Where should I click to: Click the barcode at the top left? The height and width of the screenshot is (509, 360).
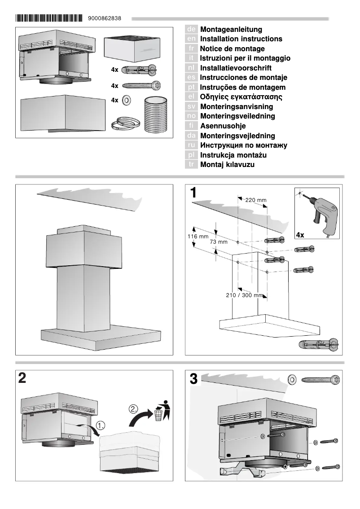pyautogui.click(x=49, y=18)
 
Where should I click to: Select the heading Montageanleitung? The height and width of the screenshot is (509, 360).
pyautogui.click(x=231, y=29)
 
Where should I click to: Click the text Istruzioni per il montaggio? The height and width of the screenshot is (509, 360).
pyautogui.click(x=245, y=58)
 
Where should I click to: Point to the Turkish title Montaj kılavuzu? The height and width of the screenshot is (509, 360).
pyautogui.click(x=227, y=165)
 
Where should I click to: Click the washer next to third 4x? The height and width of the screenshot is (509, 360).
pyautogui.click(x=127, y=100)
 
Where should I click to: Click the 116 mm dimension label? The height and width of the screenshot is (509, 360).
pyautogui.click(x=198, y=236)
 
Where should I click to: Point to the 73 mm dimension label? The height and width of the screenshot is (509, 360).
pyautogui.click(x=219, y=242)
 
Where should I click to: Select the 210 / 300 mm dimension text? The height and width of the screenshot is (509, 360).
pyautogui.click(x=244, y=295)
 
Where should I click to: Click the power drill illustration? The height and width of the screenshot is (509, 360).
pyautogui.click(x=322, y=211)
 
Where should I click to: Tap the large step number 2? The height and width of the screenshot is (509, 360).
pyautogui.click(x=22, y=378)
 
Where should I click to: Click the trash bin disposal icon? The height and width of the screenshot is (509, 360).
pyautogui.click(x=160, y=411)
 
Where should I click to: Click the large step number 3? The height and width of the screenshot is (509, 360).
pyautogui.click(x=193, y=379)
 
